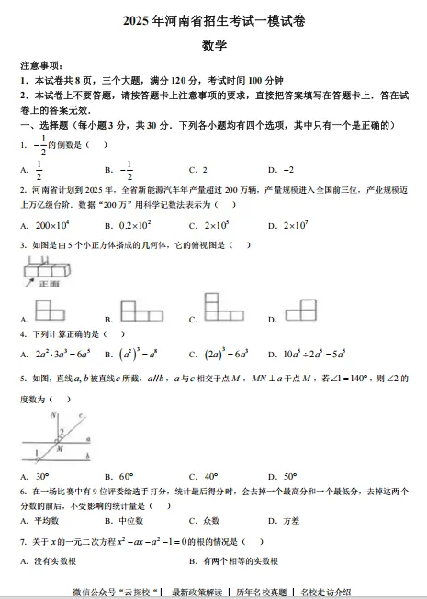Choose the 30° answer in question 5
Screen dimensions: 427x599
[42, 476]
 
